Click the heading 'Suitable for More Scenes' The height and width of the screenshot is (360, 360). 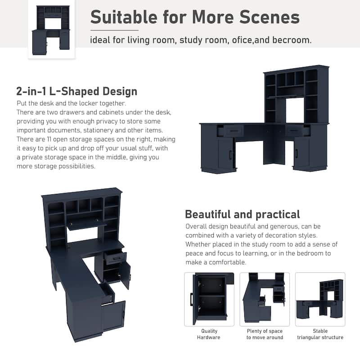coord(195,17)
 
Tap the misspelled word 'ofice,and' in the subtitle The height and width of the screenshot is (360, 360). coord(251,40)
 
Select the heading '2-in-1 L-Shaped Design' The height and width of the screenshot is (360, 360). coord(76,91)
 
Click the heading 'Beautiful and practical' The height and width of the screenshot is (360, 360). coord(243,215)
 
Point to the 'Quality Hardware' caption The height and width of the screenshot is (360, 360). coord(209,334)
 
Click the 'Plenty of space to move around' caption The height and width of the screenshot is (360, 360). coord(265,334)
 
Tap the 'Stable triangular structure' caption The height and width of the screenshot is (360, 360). coord(320,334)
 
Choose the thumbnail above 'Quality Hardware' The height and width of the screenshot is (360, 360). coord(209,299)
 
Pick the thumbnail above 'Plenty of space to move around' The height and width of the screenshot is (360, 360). coord(265,299)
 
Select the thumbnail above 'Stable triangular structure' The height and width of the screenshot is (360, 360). coord(320,299)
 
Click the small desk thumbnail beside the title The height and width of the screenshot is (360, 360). coord(51,30)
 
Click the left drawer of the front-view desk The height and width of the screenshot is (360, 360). coord(233,131)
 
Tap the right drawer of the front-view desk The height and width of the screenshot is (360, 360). coord(295,130)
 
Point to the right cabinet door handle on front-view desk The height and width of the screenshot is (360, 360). coord(297,153)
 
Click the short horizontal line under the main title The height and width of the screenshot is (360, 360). coord(114,30)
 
